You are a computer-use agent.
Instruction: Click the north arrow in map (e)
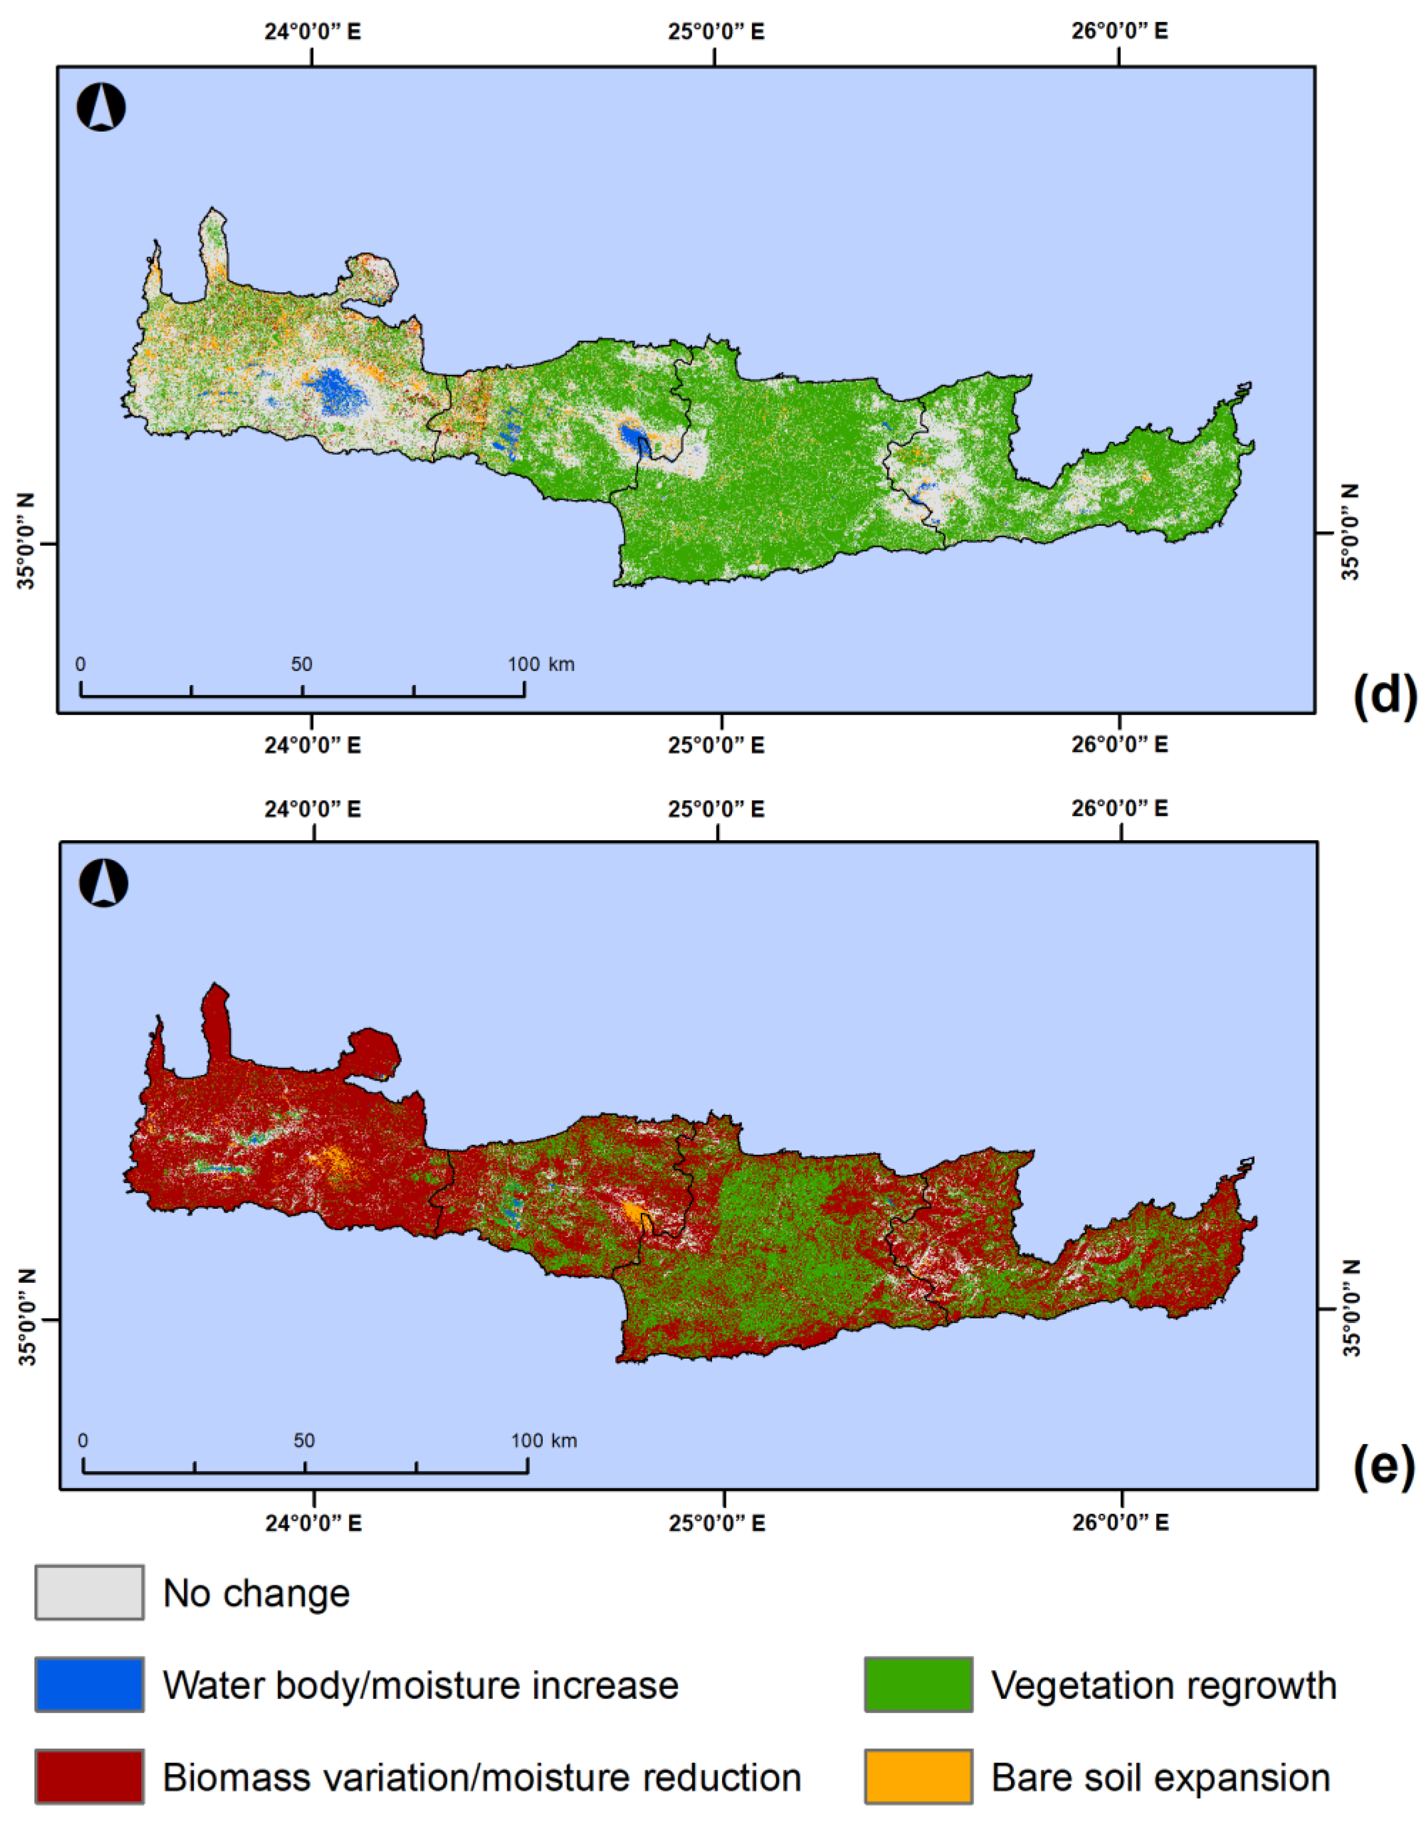(104, 883)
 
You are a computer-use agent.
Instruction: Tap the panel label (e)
(1384, 1468)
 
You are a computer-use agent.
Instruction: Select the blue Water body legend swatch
(90, 1685)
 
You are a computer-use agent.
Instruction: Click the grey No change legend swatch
(90, 1593)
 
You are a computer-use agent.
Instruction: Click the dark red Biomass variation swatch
(90, 1777)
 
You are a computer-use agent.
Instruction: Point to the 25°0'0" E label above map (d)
(716, 32)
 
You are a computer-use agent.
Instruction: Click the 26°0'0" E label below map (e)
(1120, 1523)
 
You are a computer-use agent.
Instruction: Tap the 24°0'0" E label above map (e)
(314, 809)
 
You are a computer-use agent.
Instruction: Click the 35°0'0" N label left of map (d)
(28, 542)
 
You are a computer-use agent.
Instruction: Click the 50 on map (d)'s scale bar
(302, 664)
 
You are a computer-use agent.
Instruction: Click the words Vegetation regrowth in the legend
(1164, 1685)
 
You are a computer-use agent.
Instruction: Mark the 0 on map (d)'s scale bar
(80, 664)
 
